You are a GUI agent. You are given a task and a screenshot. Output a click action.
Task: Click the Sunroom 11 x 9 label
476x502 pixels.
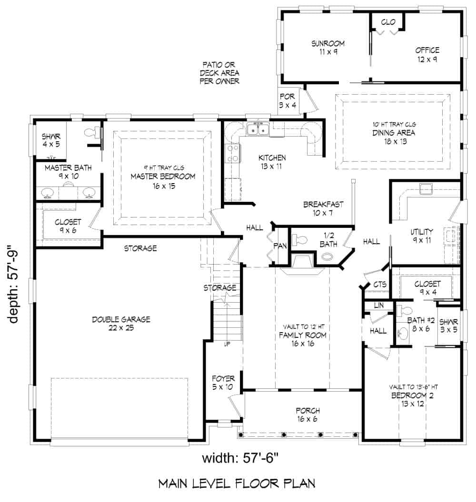point(328,47)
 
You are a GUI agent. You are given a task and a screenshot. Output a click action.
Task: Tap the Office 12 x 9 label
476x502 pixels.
point(426,54)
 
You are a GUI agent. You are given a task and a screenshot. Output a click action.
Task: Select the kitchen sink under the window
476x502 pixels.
point(258,129)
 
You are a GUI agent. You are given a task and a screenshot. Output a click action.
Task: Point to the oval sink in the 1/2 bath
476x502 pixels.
point(328,257)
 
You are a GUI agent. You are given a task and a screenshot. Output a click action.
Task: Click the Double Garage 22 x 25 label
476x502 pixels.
point(121,324)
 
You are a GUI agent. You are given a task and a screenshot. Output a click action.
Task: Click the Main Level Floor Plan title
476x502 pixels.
point(237,484)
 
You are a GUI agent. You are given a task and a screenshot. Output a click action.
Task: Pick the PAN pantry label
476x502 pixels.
point(279,246)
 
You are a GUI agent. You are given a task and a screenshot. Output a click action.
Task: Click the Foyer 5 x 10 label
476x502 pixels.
point(223,383)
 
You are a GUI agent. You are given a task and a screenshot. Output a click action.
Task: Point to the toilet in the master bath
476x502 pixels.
point(92,133)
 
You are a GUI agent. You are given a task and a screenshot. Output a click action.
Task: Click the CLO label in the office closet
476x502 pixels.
point(388,21)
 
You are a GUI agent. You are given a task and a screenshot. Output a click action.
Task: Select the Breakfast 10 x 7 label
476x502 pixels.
point(323,209)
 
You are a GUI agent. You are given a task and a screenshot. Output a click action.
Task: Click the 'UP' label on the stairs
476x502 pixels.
point(227,344)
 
